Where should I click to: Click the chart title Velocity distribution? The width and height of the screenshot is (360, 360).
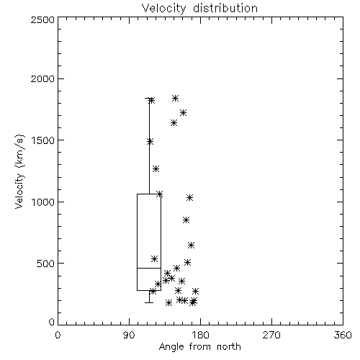(x=199, y=9)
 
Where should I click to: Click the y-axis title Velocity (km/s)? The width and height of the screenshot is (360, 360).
(x=19, y=171)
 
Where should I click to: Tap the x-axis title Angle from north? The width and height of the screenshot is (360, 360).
(x=199, y=347)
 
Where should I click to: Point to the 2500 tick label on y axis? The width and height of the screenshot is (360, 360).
(x=42, y=19)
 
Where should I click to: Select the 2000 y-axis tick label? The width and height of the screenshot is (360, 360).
(x=42, y=79)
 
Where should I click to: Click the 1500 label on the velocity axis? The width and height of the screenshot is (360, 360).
(x=43, y=140)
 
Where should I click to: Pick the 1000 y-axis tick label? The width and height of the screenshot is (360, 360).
(x=43, y=202)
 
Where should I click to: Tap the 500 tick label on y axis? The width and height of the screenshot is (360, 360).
(x=46, y=264)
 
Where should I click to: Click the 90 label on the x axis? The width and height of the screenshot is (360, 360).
(x=129, y=335)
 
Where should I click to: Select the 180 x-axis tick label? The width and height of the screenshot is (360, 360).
(x=200, y=335)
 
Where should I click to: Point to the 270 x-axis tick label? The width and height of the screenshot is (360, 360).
(x=271, y=335)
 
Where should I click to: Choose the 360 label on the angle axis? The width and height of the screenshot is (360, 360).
(x=343, y=335)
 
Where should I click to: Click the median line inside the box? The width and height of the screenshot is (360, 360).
(x=149, y=268)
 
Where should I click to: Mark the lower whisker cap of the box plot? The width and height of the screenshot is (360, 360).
(x=149, y=302)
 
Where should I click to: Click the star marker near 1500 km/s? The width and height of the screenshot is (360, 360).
(x=150, y=142)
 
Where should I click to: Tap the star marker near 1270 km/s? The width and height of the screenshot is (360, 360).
(x=156, y=169)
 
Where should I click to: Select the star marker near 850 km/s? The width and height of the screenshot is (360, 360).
(x=186, y=220)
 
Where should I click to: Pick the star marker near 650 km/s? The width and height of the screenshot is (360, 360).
(x=191, y=246)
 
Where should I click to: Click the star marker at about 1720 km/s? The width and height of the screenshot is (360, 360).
(x=184, y=113)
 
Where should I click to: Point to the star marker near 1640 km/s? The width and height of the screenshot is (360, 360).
(x=174, y=123)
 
